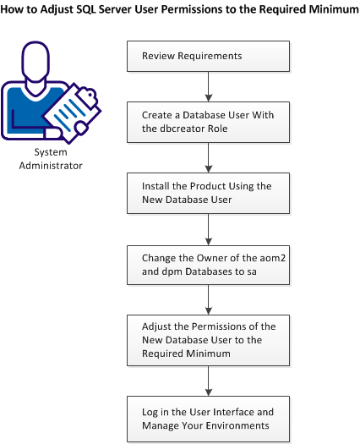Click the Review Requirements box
click(208, 57)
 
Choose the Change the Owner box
click(208, 260)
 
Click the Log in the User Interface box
click(208, 418)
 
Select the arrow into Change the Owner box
click(208, 225)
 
